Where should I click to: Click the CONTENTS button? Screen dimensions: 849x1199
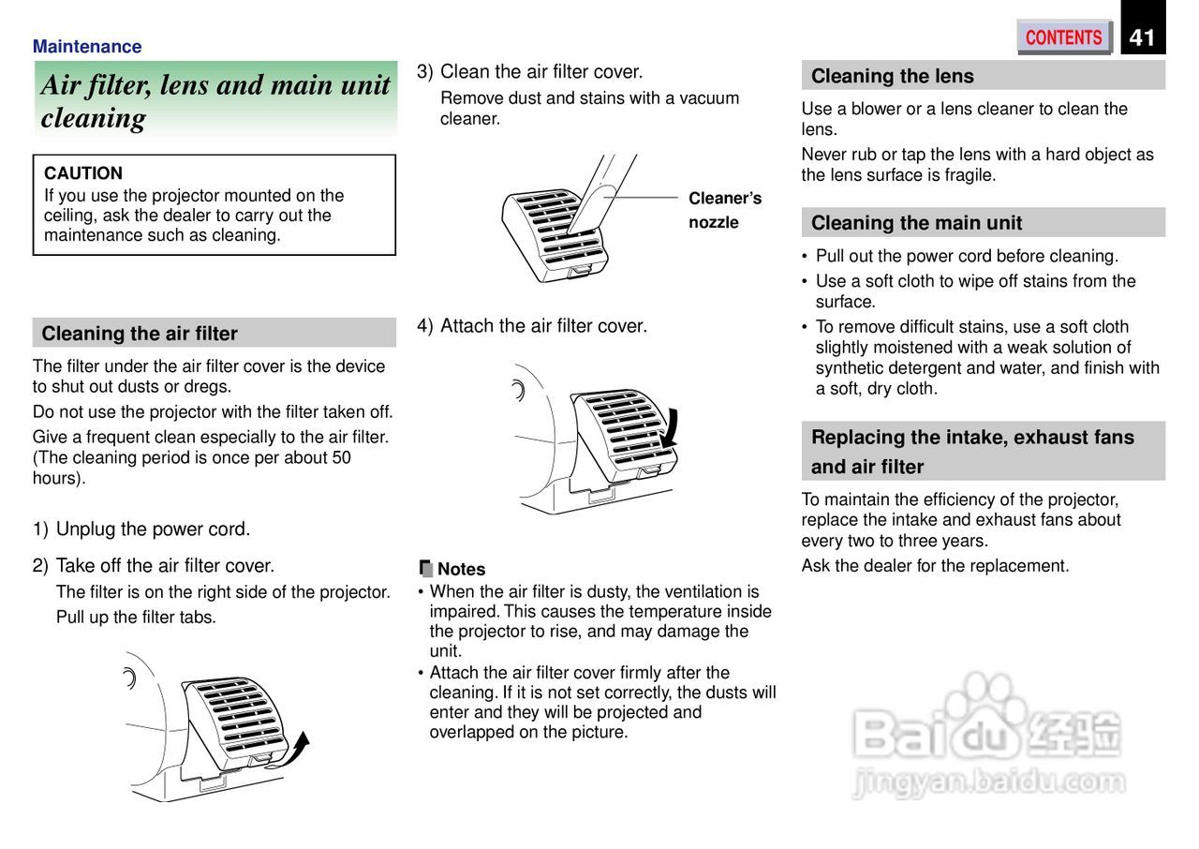1063,37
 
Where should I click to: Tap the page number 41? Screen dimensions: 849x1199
1142,37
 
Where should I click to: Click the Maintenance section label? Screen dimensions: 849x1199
87,47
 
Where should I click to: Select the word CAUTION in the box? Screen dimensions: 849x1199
83,173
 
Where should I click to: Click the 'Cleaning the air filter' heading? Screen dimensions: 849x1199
140,334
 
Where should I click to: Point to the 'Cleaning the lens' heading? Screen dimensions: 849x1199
892,76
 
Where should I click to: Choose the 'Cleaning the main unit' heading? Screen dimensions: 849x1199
916,223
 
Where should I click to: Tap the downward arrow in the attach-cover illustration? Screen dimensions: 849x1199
669,431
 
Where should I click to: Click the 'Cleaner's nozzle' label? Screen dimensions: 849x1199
724,210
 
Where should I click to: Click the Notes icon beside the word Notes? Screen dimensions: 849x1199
425,568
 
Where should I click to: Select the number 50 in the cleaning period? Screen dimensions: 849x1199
341,457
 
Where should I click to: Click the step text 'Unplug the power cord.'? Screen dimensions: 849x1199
153,529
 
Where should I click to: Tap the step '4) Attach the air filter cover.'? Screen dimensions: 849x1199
532,326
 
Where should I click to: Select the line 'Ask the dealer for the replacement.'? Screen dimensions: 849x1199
935,566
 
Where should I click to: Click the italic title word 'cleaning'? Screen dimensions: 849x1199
94,119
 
